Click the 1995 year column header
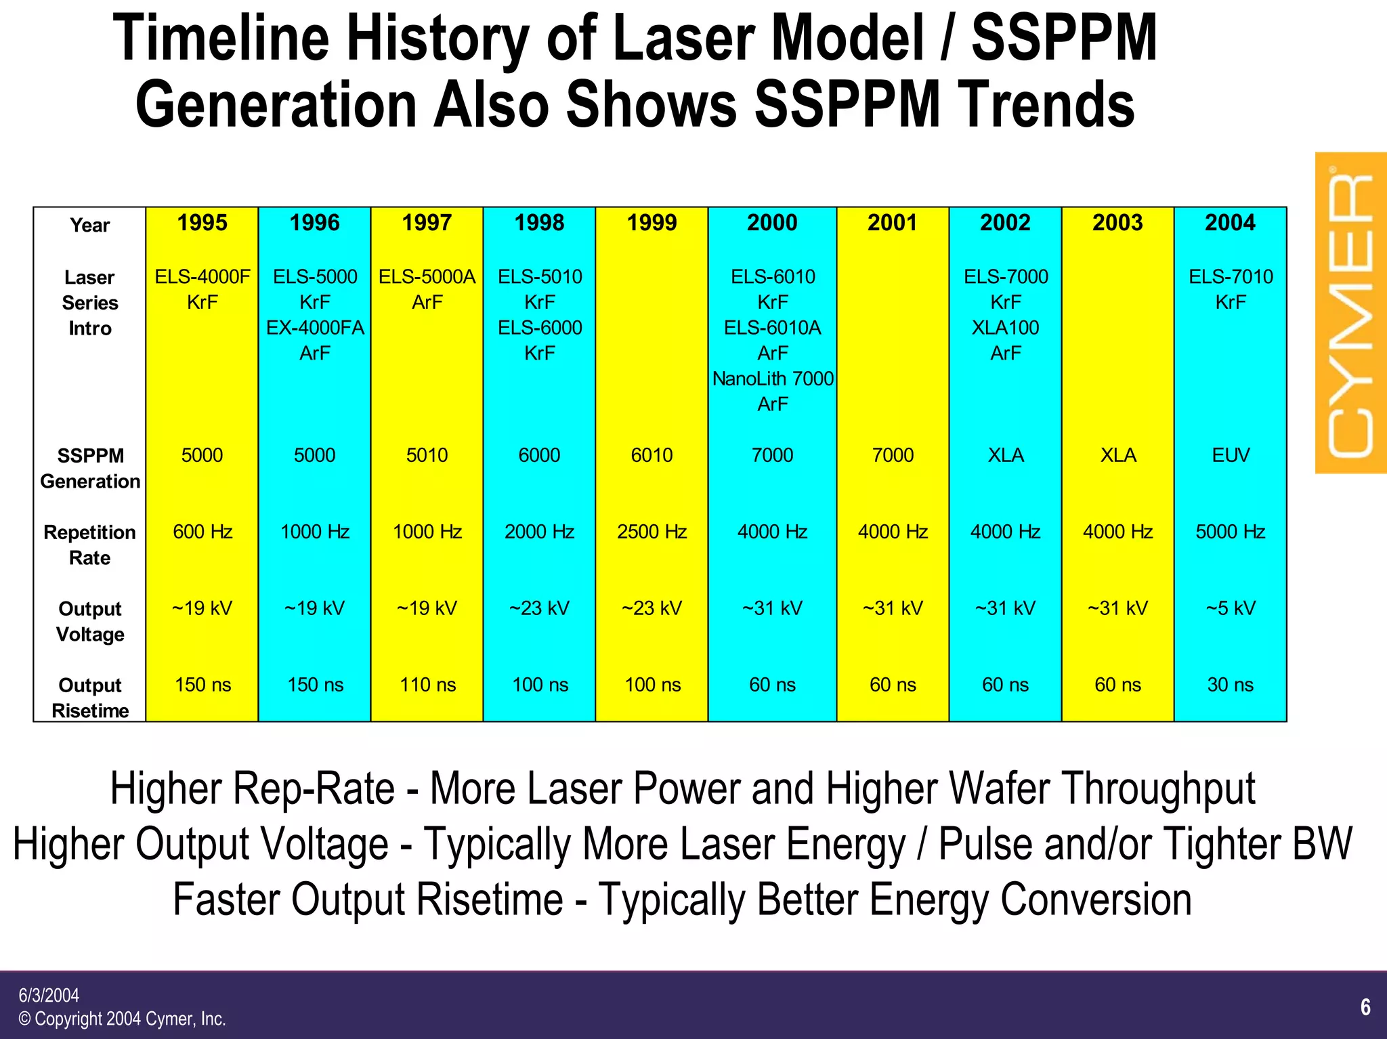[202, 223]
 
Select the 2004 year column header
[1230, 223]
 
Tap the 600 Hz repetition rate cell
[202, 532]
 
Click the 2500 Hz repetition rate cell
[652, 532]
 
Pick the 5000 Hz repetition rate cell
[1230, 532]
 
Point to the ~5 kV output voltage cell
[1230, 608]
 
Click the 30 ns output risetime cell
[1230, 685]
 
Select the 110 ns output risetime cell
[427, 685]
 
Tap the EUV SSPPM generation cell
[1230, 455]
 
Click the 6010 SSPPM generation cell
[652, 455]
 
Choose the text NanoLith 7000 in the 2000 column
[772, 379]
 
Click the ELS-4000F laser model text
[202, 276]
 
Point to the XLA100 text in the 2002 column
[1005, 328]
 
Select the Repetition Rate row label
[89, 545]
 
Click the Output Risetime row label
[89, 698]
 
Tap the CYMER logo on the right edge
[1350, 313]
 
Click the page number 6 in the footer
[1365, 1007]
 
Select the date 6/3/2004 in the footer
[49, 995]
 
